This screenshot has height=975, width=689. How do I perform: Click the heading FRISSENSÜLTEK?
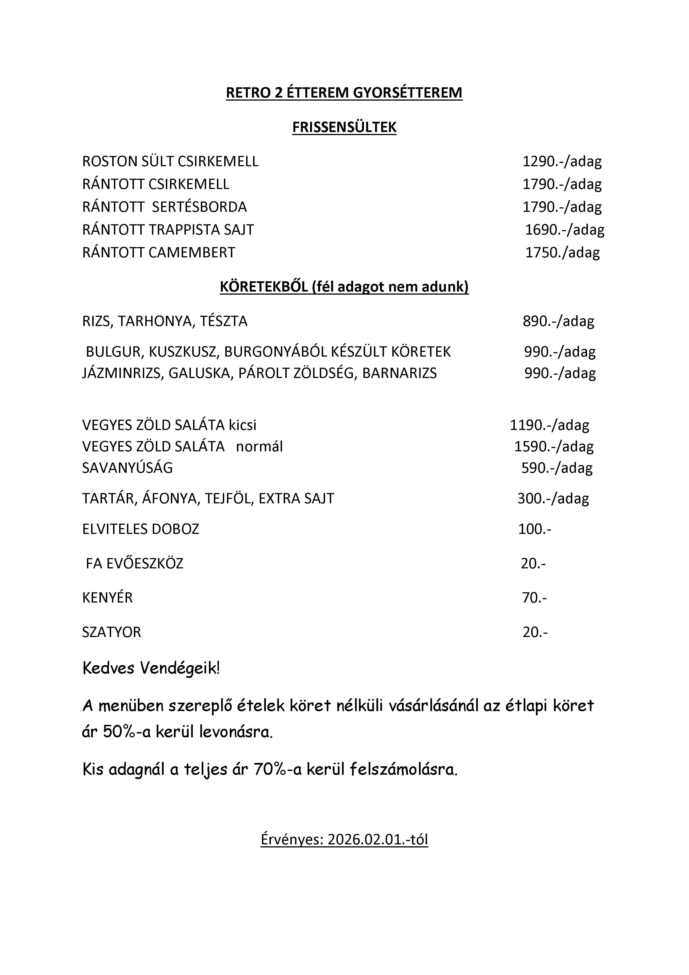tap(344, 127)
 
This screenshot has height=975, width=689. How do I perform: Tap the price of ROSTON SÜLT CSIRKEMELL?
tap(562, 162)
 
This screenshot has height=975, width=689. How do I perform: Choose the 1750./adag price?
tap(563, 253)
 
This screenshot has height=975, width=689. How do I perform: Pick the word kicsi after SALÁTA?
tap(243, 425)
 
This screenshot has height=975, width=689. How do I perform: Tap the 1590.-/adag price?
tap(554, 447)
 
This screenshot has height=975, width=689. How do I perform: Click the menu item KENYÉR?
tap(108, 598)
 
